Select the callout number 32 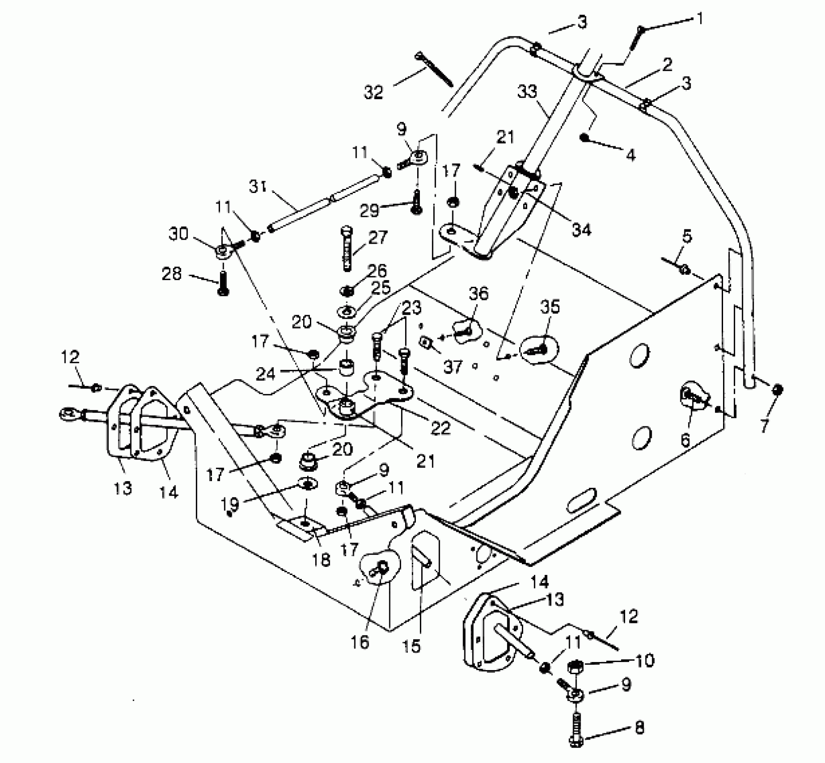pyautogui.click(x=373, y=92)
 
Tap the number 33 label pyautogui.click(x=527, y=92)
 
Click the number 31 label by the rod pyautogui.click(x=258, y=186)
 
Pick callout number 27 pyautogui.click(x=377, y=237)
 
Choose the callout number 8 pyautogui.click(x=639, y=727)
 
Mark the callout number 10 pyautogui.click(x=645, y=661)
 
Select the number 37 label pyautogui.click(x=452, y=367)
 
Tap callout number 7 pyautogui.click(x=764, y=425)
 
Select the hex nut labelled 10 pyautogui.click(x=575, y=666)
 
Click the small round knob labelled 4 pyautogui.click(x=584, y=138)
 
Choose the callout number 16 pyautogui.click(x=360, y=642)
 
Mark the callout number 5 pyautogui.click(x=687, y=236)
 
